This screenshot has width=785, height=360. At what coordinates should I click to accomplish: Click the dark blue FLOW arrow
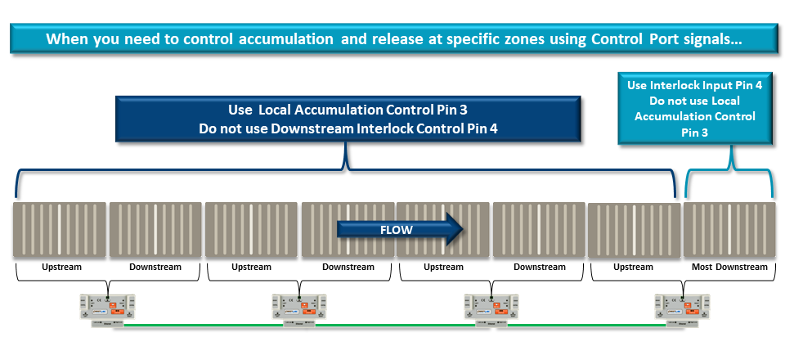click(400, 230)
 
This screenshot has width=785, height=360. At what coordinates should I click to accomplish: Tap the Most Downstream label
click(729, 267)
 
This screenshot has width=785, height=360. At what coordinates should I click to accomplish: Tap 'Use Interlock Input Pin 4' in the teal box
click(694, 85)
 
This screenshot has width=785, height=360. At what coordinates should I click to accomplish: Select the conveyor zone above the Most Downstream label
click(729, 231)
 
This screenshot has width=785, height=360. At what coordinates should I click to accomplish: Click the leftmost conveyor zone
click(59, 231)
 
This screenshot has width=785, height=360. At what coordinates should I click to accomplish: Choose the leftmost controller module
click(107, 306)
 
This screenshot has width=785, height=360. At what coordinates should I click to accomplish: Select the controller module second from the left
click(298, 306)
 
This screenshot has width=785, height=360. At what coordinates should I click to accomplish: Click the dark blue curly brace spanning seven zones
click(347, 177)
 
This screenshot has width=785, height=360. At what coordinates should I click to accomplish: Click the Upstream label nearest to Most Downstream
click(633, 267)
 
